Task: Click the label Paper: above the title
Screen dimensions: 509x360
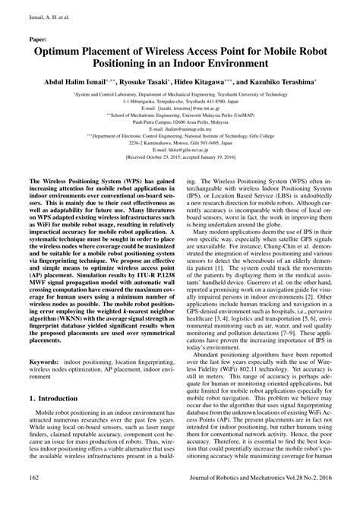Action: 39,36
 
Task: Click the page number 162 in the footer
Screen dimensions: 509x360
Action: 33,498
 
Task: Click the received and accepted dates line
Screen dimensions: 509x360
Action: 179,179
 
